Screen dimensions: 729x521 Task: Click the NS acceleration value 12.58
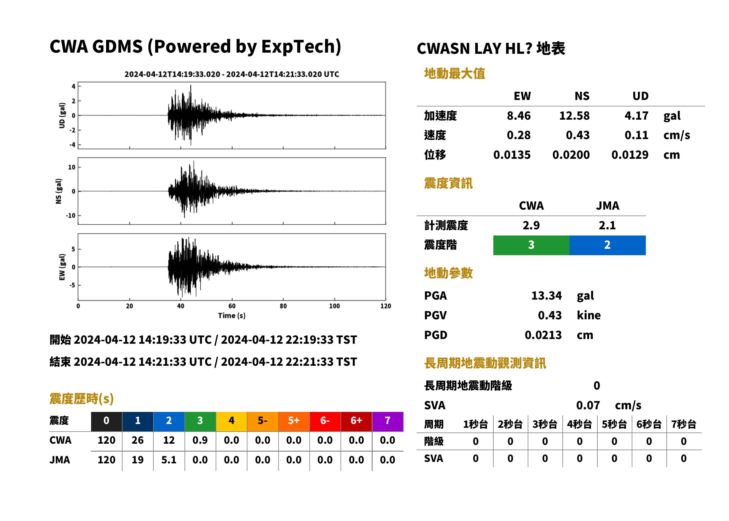[x=574, y=116]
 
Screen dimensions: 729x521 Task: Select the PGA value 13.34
[x=546, y=295]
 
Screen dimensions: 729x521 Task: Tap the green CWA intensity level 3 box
[x=531, y=245]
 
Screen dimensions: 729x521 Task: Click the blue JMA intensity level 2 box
[x=608, y=245]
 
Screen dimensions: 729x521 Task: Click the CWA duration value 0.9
[x=200, y=440]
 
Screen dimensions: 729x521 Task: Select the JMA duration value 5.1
[x=169, y=460]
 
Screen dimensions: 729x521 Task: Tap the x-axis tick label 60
[x=232, y=306]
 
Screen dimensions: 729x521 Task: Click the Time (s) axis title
[x=232, y=316]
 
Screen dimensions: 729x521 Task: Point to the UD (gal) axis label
[x=62, y=116]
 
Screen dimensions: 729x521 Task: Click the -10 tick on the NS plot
[x=71, y=216]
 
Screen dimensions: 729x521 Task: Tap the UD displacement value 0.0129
[x=630, y=155]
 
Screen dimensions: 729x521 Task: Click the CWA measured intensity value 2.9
[x=531, y=226]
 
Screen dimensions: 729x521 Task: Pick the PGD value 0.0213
[x=543, y=335]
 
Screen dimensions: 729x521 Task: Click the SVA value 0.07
[x=588, y=405]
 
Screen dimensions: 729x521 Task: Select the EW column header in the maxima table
[x=522, y=96]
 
